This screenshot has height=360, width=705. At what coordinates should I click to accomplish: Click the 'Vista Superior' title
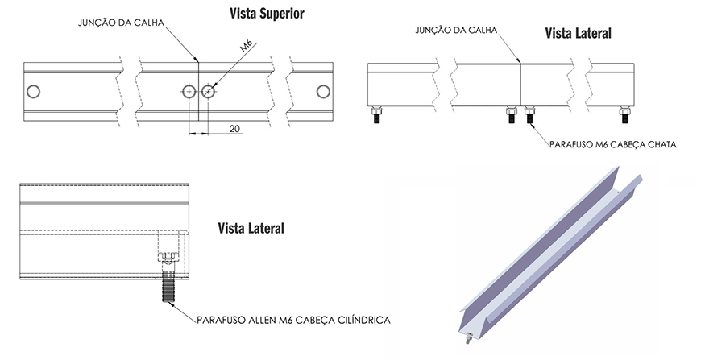pyautogui.click(x=267, y=14)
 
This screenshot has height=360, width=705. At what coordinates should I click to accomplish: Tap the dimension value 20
pyautogui.click(x=234, y=129)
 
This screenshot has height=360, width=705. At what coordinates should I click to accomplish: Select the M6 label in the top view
pyautogui.click(x=247, y=46)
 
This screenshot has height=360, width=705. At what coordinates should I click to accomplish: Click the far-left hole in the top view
pyautogui.click(x=33, y=91)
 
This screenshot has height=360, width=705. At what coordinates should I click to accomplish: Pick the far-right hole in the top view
pyautogui.click(x=323, y=91)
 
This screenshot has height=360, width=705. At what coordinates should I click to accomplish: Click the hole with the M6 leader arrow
pyautogui.click(x=208, y=92)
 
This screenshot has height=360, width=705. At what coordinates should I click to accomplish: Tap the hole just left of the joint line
pyautogui.click(x=189, y=92)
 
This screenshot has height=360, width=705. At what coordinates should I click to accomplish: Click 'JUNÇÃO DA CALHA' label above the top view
pyautogui.click(x=122, y=23)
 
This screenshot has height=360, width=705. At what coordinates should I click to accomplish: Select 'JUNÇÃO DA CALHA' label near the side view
pyautogui.click(x=456, y=30)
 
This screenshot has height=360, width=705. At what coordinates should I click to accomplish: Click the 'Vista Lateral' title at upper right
pyautogui.click(x=579, y=33)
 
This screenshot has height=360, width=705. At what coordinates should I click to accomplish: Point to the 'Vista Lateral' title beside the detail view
pyautogui.click(x=251, y=228)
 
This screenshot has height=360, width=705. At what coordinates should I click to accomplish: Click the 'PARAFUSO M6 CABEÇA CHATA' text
pyautogui.click(x=613, y=144)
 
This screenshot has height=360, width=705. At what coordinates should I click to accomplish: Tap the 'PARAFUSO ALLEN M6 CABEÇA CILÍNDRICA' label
pyautogui.click(x=293, y=320)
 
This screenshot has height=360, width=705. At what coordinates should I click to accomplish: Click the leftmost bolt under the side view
pyautogui.click(x=377, y=114)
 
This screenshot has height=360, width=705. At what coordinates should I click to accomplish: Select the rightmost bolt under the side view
pyautogui.click(x=624, y=114)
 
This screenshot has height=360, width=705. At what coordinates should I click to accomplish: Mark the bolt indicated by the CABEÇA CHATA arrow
pyautogui.click(x=529, y=114)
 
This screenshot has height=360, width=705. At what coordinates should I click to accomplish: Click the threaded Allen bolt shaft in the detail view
pyautogui.click(x=168, y=287)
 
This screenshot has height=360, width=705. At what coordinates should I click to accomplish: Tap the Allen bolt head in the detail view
pyautogui.click(x=168, y=257)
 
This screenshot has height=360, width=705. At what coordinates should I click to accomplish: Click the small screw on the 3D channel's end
pyautogui.click(x=468, y=338)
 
